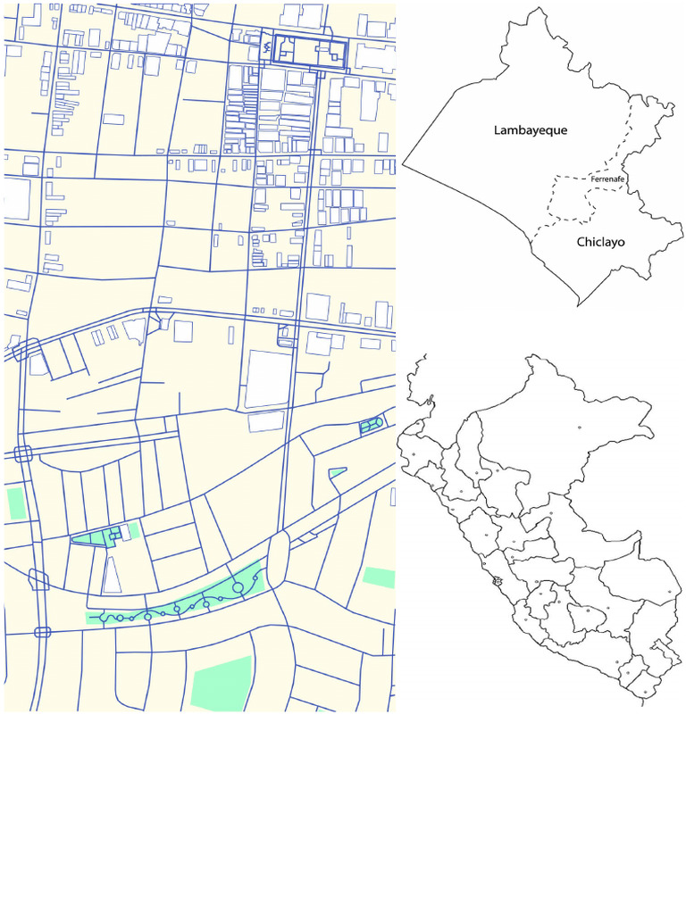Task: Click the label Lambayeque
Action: tap(531, 130)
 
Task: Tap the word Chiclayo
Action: tap(600, 242)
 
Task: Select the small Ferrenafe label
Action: tap(607, 179)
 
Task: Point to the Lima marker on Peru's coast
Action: tap(497, 581)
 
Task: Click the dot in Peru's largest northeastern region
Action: tap(580, 426)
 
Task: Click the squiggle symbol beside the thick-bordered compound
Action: tap(267, 46)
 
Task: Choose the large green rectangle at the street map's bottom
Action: tap(221, 684)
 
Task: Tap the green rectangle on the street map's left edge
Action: tap(16, 503)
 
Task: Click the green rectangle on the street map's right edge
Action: tap(379, 577)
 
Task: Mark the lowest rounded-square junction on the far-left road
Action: tap(42, 632)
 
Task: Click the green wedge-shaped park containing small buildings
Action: tap(98, 537)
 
